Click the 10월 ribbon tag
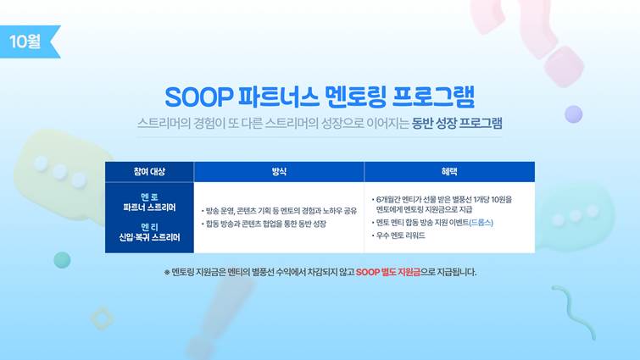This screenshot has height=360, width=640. [28, 42]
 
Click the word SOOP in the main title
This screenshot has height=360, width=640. [198, 97]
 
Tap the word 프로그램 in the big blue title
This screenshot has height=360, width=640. [433, 97]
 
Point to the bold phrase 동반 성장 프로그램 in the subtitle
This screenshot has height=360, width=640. [457, 123]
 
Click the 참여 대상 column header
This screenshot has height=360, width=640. [149, 172]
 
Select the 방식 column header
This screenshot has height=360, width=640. [279, 172]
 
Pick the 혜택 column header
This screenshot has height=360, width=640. [449, 172]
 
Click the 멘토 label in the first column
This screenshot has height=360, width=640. [149, 197]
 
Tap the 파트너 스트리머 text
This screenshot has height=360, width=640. [149, 208]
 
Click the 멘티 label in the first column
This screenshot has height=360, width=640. [149, 227]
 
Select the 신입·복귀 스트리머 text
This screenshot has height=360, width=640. [149, 237]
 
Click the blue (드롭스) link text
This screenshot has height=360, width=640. [481, 223]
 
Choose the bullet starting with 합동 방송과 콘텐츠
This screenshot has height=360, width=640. [264, 224]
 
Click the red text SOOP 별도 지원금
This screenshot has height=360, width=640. [388, 272]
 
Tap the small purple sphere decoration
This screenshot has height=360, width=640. [574, 114]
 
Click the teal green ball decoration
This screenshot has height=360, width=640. [62, 260]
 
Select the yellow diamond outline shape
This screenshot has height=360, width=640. [102, 318]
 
